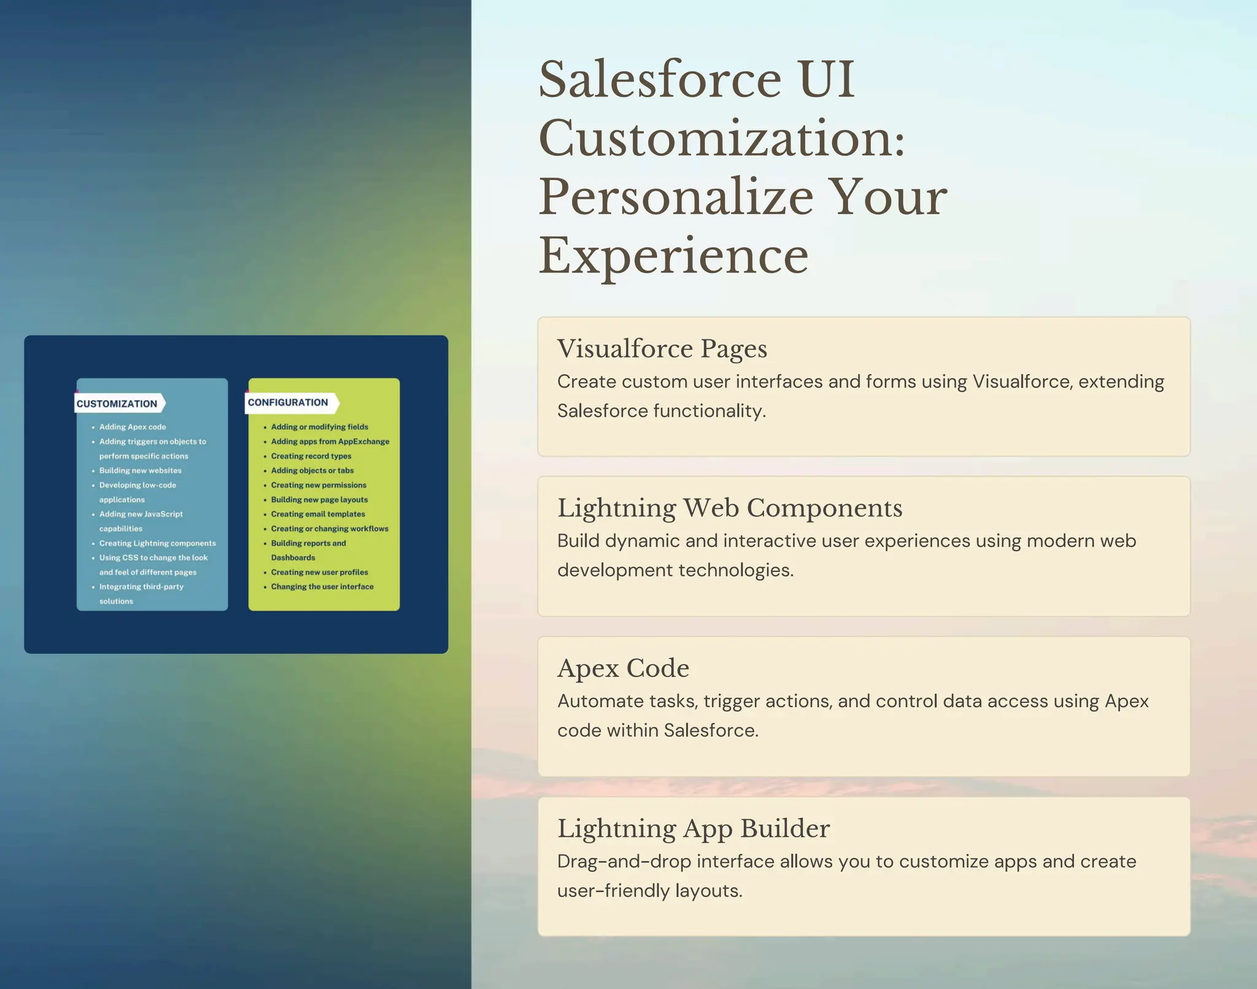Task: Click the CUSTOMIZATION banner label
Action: (117, 403)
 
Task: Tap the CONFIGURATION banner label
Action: (287, 402)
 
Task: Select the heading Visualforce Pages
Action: (662, 349)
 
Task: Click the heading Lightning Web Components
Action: (729, 508)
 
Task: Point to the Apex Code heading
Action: (623, 668)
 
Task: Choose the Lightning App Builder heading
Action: (693, 828)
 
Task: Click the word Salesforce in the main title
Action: (659, 80)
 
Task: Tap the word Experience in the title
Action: (673, 256)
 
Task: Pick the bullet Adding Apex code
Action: (133, 427)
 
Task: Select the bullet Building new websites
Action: (140, 470)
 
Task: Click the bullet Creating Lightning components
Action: (157, 543)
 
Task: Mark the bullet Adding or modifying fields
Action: (319, 427)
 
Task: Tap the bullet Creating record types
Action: (311, 456)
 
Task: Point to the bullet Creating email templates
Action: (318, 514)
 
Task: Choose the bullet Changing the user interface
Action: (322, 586)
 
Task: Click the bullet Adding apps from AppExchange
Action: (330, 441)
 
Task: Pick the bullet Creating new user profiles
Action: (319, 572)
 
